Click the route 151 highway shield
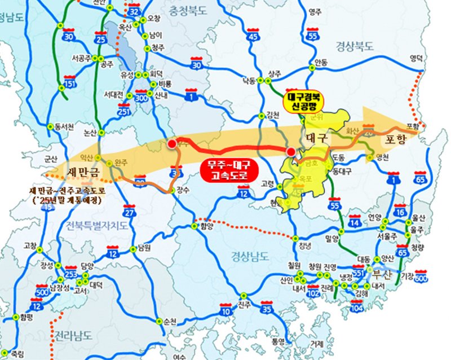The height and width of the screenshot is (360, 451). click(x=70, y=81)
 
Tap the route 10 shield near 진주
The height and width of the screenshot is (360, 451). click(x=226, y=310)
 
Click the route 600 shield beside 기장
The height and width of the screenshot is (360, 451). click(x=422, y=276)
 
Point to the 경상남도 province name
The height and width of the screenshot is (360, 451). click(x=249, y=256)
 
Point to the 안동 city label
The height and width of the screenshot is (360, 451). click(x=321, y=63)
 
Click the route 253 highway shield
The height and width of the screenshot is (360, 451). click(x=70, y=274)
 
